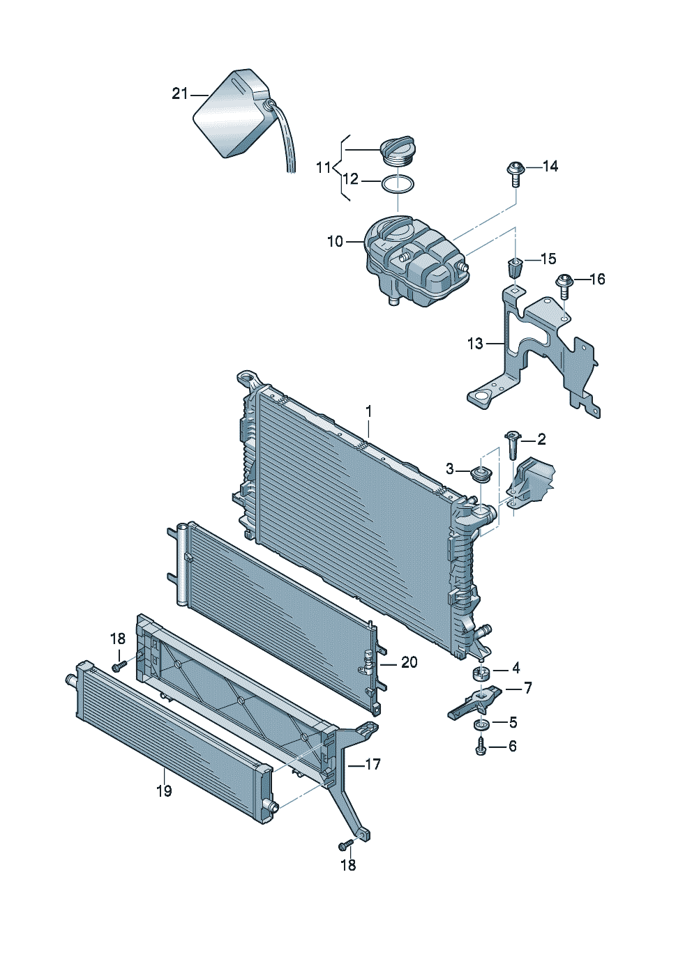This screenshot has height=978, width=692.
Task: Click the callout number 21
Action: pyautogui.click(x=179, y=94)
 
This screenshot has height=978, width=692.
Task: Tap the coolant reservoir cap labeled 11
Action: pyautogui.click(x=396, y=153)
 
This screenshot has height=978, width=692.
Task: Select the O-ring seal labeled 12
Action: pyautogui.click(x=398, y=184)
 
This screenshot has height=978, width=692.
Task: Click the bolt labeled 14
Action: pyautogui.click(x=516, y=174)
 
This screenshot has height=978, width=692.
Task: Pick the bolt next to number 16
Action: pyautogui.click(x=564, y=286)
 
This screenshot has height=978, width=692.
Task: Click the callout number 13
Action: pyautogui.click(x=475, y=344)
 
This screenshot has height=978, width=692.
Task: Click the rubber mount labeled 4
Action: pyautogui.click(x=481, y=673)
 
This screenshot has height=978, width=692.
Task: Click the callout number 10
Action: pyautogui.click(x=336, y=241)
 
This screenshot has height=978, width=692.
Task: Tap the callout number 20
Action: pyautogui.click(x=409, y=663)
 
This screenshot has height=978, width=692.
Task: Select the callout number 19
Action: pyautogui.click(x=164, y=790)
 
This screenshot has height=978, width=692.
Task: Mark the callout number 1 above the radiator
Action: pyautogui.click(x=369, y=411)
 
